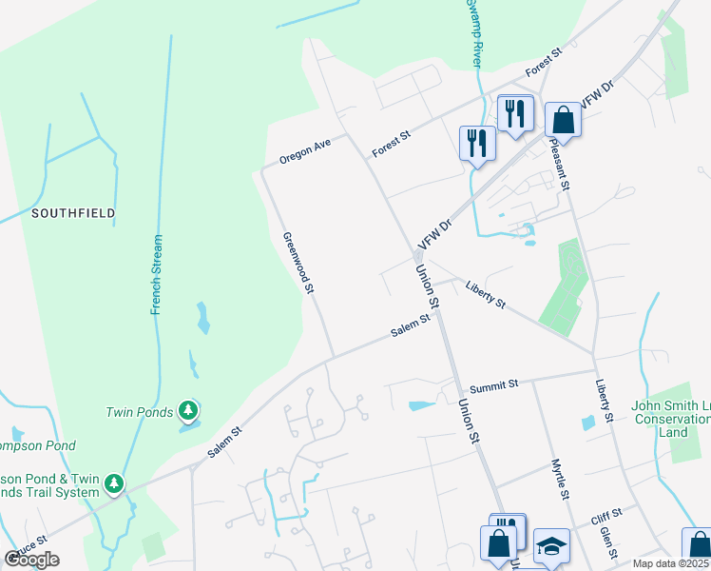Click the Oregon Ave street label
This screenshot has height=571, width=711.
305,149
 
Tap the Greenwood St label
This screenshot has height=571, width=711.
297,264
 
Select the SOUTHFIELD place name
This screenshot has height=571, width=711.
73,213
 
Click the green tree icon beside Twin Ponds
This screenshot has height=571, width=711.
189,411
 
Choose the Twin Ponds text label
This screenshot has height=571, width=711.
139,412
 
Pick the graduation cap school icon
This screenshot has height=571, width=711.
551,545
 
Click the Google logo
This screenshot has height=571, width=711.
31,560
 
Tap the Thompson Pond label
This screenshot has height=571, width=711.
37,445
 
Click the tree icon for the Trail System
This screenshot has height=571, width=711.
114,484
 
